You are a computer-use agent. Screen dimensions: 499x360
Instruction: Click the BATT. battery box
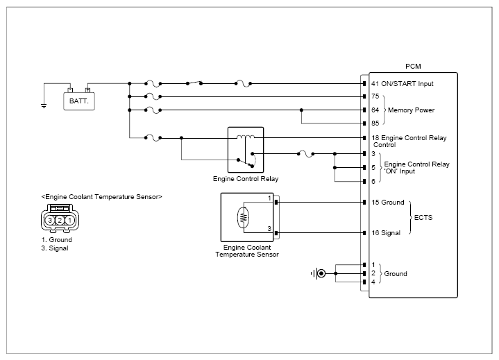click(x=79, y=101)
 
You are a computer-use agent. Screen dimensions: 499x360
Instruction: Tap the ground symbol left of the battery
click(x=44, y=106)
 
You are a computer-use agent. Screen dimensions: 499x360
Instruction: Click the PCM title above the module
click(x=413, y=66)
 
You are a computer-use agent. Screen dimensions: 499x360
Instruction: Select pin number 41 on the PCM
click(x=375, y=84)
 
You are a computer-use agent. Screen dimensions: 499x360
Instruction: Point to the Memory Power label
click(x=411, y=110)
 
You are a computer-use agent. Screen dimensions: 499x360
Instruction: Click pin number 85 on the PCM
click(x=375, y=123)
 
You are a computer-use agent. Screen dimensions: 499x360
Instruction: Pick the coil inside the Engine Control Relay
click(x=246, y=137)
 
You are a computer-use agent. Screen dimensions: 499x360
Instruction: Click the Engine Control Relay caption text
click(x=246, y=179)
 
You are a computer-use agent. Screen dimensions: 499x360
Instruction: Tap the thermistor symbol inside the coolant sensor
click(x=243, y=218)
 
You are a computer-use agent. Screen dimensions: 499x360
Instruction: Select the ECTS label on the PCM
click(x=423, y=218)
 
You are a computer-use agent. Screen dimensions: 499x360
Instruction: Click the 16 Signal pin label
click(x=386, y=233)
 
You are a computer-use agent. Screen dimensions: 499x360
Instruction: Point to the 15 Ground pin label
click(x=388, y=203)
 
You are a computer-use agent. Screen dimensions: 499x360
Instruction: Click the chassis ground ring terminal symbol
click(x=321, y=273)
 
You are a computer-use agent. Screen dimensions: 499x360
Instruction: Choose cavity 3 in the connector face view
click(x=50, y=220)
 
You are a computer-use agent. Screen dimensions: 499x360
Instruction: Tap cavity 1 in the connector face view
click(x=69, y=220)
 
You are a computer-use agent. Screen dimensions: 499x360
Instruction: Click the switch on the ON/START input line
click(x=194, y=83)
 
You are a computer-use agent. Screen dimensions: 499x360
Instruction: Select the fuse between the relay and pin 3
click(x=305, y=154)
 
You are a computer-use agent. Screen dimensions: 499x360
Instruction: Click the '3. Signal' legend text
click(x=55, y=248)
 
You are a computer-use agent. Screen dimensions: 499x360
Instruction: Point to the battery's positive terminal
click(x=88, y=90)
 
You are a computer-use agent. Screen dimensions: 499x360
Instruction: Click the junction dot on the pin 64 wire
click(x=301, y=110)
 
